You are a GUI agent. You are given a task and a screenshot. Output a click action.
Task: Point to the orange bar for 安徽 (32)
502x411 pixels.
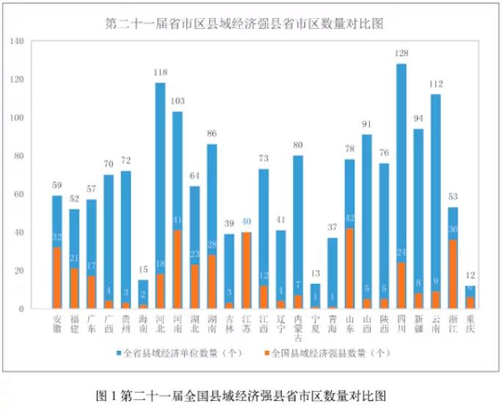point(57,278)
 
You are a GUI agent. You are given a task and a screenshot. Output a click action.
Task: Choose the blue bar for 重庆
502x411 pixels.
point(470,291)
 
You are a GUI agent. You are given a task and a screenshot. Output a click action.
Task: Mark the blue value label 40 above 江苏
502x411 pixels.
point(247,222)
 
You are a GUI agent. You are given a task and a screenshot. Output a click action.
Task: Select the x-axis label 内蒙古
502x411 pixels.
point(298,327)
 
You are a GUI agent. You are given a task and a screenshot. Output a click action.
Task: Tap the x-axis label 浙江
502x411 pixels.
point(454,322)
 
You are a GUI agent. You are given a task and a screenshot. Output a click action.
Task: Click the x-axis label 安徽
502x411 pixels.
point(57,322)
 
